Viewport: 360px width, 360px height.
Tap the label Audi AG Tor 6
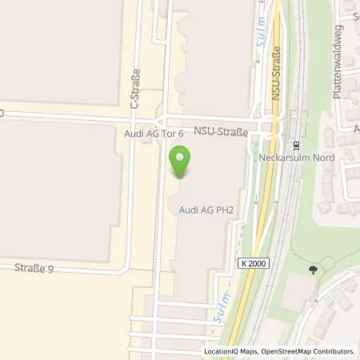(x=156, y=134)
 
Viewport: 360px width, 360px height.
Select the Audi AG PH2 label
(x=205, y=210)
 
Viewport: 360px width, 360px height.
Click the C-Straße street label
(x=135, y=88)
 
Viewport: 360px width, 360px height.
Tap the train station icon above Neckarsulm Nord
(x=295, y=146)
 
